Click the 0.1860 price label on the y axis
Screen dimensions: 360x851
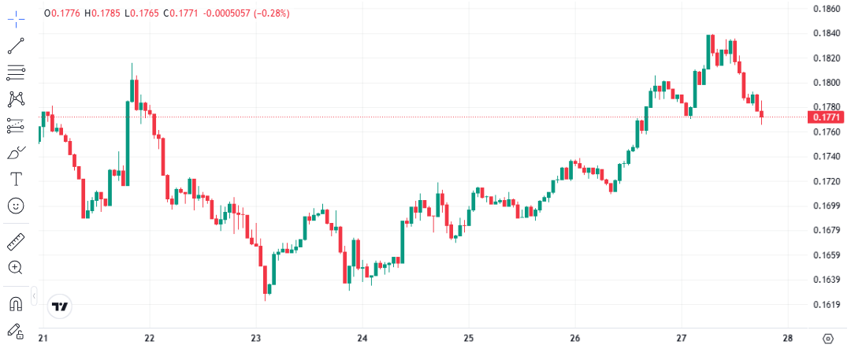pos(825,9)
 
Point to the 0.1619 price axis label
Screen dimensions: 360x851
pos(825,304)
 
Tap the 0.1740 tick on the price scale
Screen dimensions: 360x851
pos(825,157)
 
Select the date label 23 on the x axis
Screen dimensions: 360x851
pos(255,339)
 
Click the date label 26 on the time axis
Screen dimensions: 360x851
pos(574,339)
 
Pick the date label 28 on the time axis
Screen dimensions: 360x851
pos(788,339)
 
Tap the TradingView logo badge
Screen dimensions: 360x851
pos(59,306)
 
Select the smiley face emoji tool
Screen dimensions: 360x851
pos(16,205)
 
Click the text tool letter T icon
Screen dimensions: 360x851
pos(16,179)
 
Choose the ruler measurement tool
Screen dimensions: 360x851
pos(16,241)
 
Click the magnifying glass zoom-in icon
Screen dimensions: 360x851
pos(16,267)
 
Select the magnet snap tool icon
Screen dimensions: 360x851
pos(16,304)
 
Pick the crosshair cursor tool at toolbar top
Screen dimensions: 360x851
pos(16,15)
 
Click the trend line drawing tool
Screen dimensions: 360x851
pos(16,45)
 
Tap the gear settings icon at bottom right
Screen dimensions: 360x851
pos(827,339)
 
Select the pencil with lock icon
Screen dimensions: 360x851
pos(16,332)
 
